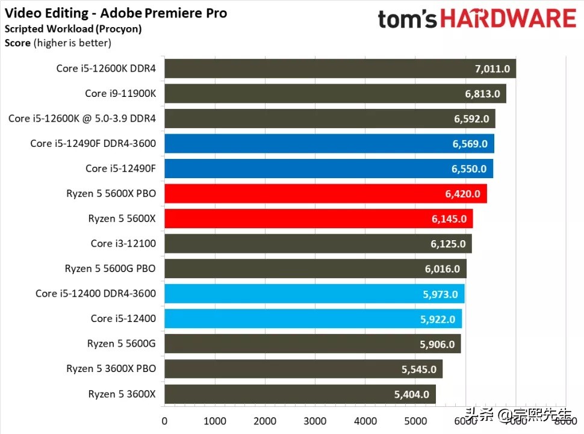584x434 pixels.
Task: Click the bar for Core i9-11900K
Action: click(x=335, y=93)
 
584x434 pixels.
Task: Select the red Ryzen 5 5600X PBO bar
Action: click(x=325, y=193)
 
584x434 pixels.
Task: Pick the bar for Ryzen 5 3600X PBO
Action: click(x=303, y=369)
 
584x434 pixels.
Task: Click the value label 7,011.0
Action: click(x=492, y=69)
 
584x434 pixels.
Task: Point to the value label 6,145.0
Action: click(x=449, y=219)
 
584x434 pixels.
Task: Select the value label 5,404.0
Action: click(x=412, y=394)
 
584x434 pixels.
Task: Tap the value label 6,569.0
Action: click(x=470, y=143)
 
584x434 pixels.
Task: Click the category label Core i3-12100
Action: click(x=123, y=243)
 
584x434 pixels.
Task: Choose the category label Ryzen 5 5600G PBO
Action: click(x=110, y=268)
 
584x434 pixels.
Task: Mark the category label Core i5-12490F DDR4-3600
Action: click(x=93, y=143)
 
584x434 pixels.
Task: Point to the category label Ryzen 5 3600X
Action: click(x=122, y=394)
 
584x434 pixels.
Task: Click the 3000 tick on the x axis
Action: click(x=315, y=420)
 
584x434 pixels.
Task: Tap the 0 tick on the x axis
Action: click(x=164, y=420)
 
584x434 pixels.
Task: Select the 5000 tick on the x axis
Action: click(x=415, y=420)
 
